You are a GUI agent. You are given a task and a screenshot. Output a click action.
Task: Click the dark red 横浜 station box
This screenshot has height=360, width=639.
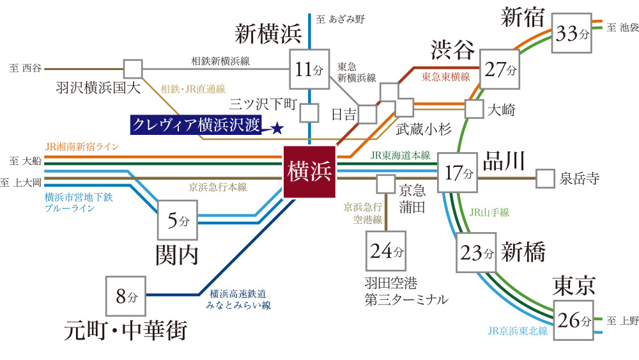tap(309, 171)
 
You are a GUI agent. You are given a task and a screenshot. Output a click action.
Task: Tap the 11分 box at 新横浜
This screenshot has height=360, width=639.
tap(309, 69)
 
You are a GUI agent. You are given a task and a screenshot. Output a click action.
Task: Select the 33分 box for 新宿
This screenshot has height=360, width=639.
tap(572, 33)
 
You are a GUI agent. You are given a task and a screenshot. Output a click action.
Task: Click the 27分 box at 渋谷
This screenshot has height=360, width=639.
tap(500, 69)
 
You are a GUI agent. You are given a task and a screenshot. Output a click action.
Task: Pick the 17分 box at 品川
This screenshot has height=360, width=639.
tap(458, 173)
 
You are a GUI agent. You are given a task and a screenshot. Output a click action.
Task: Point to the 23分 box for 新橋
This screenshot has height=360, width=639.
tap(476, 253)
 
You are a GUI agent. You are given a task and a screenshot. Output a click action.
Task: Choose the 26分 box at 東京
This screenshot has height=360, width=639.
tap(573, 320)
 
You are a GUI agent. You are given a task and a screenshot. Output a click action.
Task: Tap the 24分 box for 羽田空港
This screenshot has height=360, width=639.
tap(386, 251)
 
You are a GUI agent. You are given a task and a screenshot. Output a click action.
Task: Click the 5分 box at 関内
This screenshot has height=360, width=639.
tap(178, 220)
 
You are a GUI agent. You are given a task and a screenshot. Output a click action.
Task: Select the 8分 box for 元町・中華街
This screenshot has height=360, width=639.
tap(126, 296)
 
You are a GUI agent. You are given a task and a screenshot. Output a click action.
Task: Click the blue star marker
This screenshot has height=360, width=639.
tap(277, 129)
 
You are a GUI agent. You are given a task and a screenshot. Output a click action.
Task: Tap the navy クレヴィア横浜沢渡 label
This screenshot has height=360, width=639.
tap(196, 125)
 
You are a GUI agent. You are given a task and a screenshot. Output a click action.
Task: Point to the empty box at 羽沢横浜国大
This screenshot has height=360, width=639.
tap(134, 69)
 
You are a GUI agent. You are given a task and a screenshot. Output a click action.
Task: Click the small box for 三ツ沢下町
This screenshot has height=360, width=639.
tap(309, 113)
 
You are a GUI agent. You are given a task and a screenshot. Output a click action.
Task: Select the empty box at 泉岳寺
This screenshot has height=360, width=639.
tap(545, 178)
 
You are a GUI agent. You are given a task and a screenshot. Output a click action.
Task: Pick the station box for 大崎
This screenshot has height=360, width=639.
tap(474, 109)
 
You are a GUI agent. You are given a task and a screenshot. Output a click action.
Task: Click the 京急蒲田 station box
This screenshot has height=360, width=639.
tap(385, 184)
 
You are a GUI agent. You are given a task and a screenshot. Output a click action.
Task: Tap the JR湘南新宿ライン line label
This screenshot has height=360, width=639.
tap(82, 147)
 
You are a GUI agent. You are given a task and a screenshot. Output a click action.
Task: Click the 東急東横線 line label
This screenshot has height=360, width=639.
tap(446, 77)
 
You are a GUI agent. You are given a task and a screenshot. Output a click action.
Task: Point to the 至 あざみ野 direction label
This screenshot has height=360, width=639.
tap(341, 19)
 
